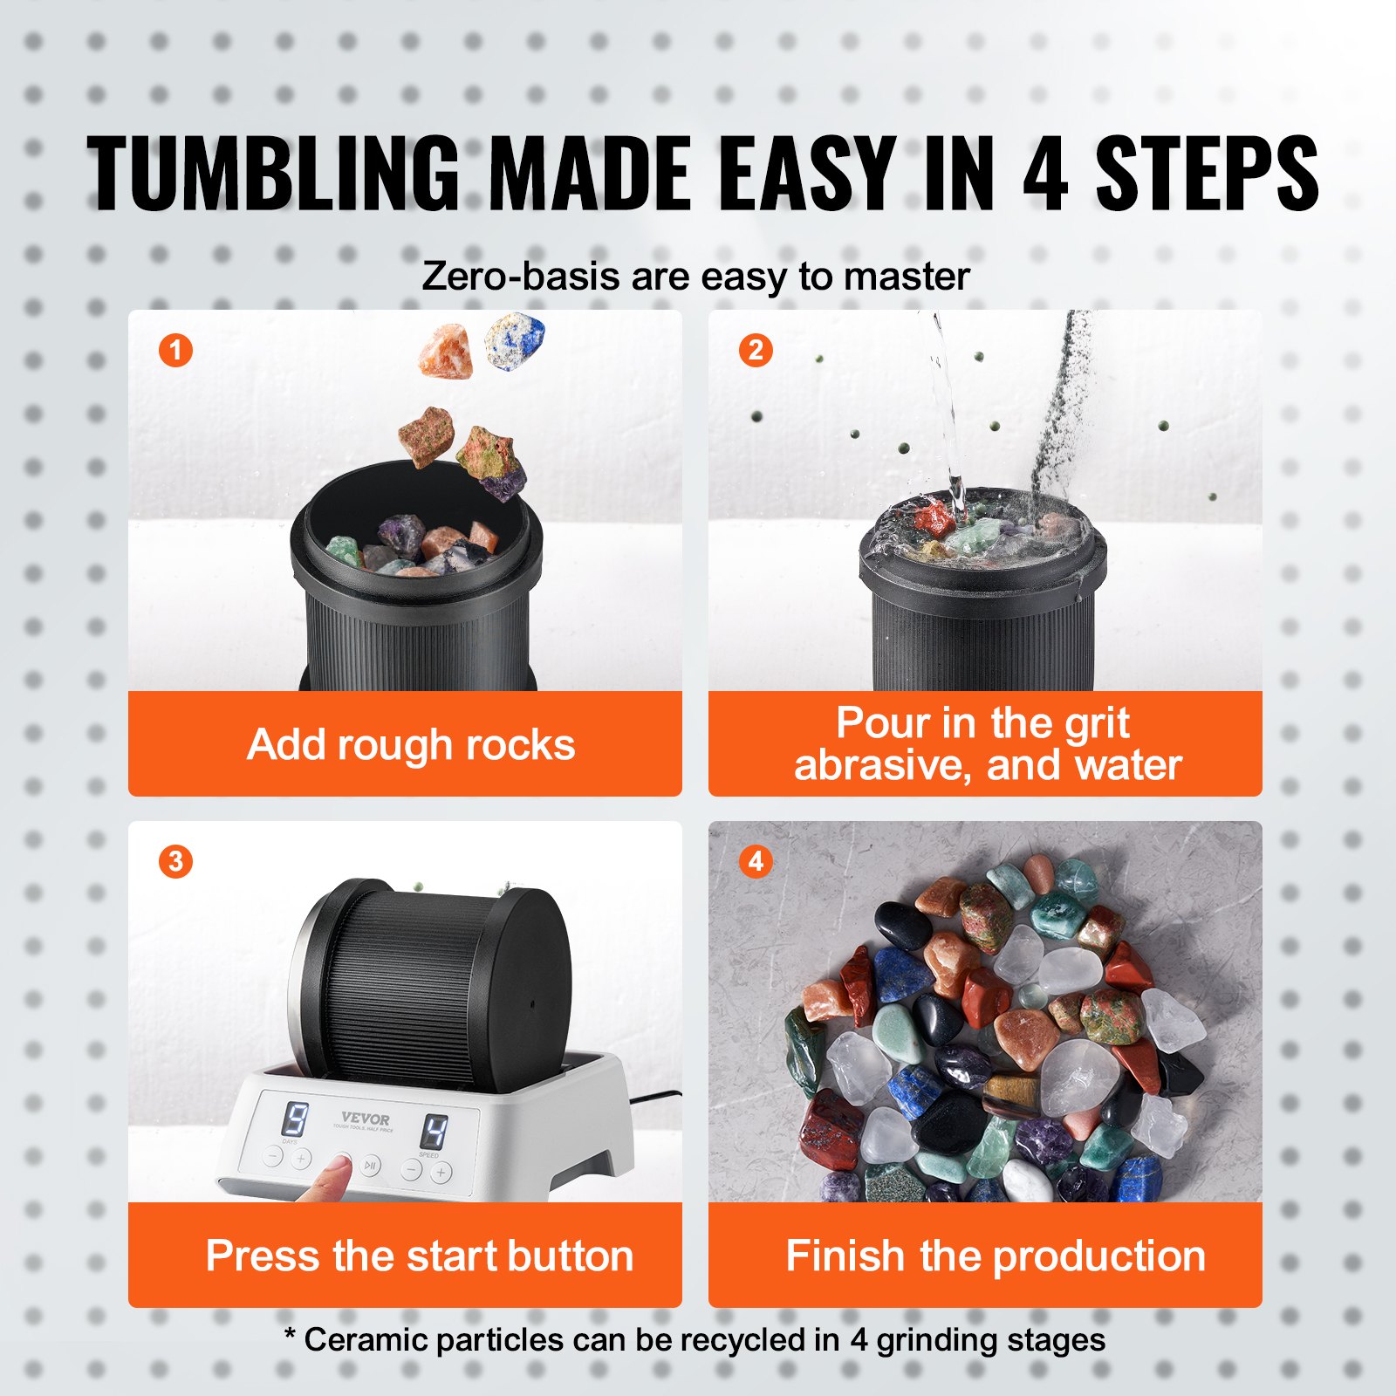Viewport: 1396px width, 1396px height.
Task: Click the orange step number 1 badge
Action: click(175, 351)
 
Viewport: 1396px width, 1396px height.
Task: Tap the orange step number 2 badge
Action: click(756, 351)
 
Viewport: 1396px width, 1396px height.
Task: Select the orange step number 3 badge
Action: click(175, 861)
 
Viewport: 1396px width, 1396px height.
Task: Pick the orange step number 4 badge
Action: click(756, 861)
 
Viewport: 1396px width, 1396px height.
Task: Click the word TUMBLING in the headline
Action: click(272, 174)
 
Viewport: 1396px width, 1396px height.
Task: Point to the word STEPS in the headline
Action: click(1207, 174)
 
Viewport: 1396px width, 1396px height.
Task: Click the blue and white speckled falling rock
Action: click(515, 341)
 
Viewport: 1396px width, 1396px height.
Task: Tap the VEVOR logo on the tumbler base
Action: click(366, 1119)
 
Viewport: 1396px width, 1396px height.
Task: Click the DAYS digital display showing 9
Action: click(296, 1119)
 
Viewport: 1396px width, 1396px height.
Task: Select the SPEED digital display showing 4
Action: click(434, 1133)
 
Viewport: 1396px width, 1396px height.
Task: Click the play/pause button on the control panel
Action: click(371, 1166)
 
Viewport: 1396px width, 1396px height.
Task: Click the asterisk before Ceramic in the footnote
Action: click(291, 1336)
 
